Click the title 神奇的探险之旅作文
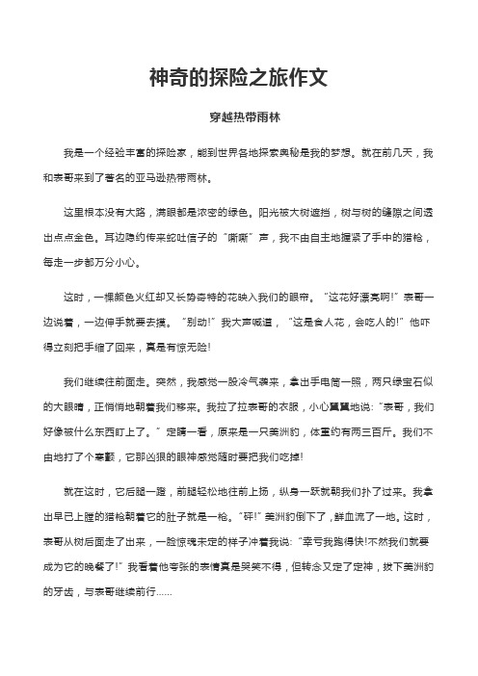(x=238, y=77)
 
